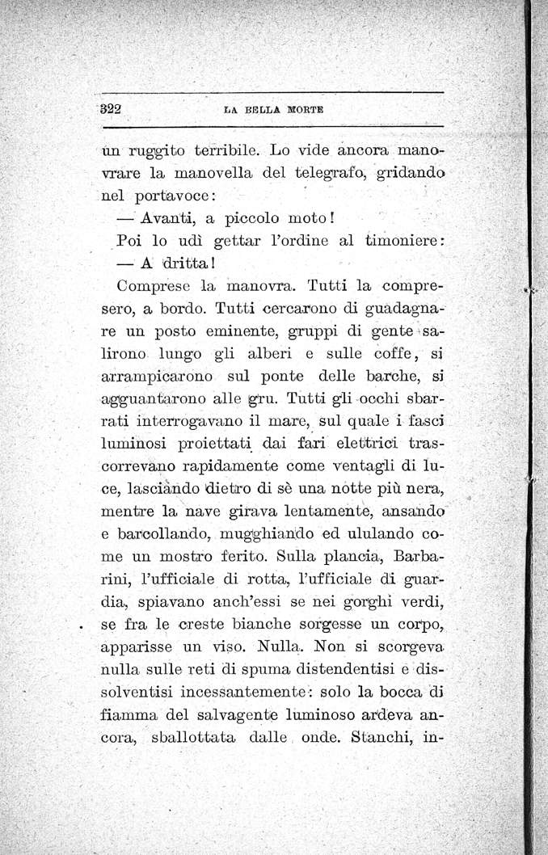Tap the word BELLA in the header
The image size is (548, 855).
(253, 111)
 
